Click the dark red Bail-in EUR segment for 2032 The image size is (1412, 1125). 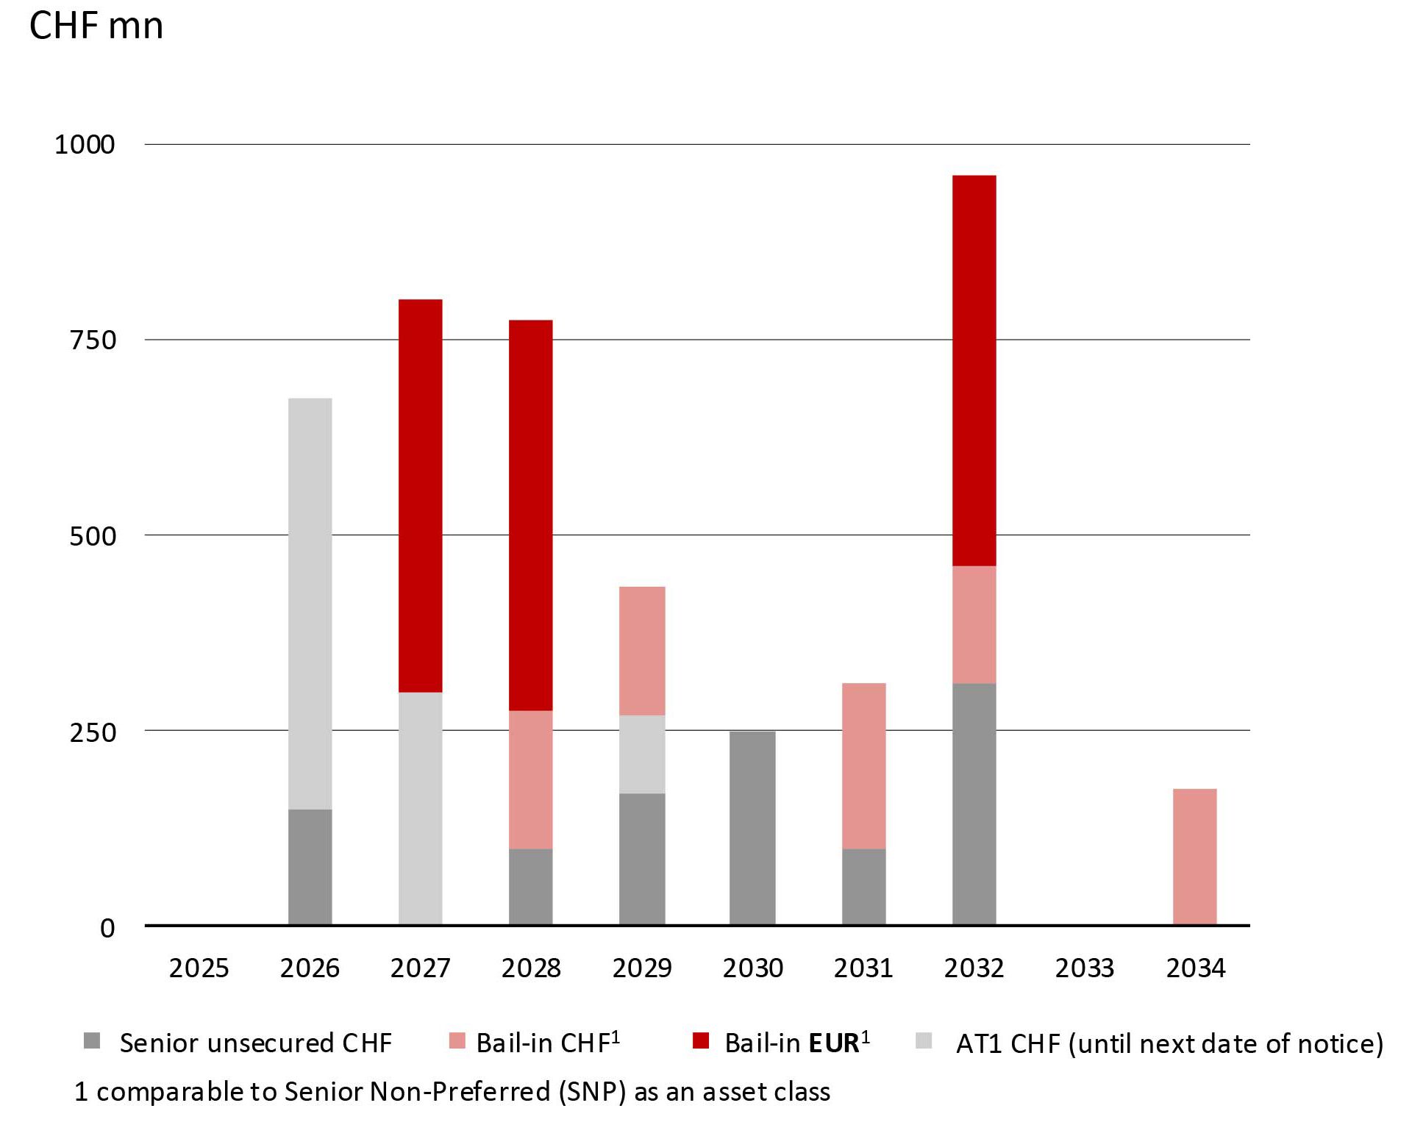(x=974, y=370)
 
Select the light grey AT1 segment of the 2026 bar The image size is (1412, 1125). (x=310, y=603)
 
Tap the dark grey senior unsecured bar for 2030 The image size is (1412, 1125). (x=752, y=828)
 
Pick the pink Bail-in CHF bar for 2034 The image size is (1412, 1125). (x=1194, y=857)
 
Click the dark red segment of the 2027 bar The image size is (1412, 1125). (x=420, y=495)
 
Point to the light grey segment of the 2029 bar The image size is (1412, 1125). (x=642, y=754)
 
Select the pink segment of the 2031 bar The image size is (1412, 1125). (x=863, y=765)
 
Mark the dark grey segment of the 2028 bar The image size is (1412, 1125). (x=530, y=886)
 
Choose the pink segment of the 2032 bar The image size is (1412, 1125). (x=974, y=624)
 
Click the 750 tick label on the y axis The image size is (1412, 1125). (x=93, y=340)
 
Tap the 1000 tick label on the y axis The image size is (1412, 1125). (x=85, y=144)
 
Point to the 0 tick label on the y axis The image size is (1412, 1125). (x=107, y=928)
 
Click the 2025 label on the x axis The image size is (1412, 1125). (x=199, y=968)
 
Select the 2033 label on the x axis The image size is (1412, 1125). (x=1084, y=968)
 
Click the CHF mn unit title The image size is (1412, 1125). (x=96, y=26)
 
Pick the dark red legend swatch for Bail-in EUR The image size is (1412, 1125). (x=701, y=1040)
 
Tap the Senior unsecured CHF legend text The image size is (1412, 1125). (x=255, y=1043)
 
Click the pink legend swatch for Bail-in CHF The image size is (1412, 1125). (x=457, y=1040)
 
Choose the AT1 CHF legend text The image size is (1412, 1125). (x=1169, y=1043)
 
